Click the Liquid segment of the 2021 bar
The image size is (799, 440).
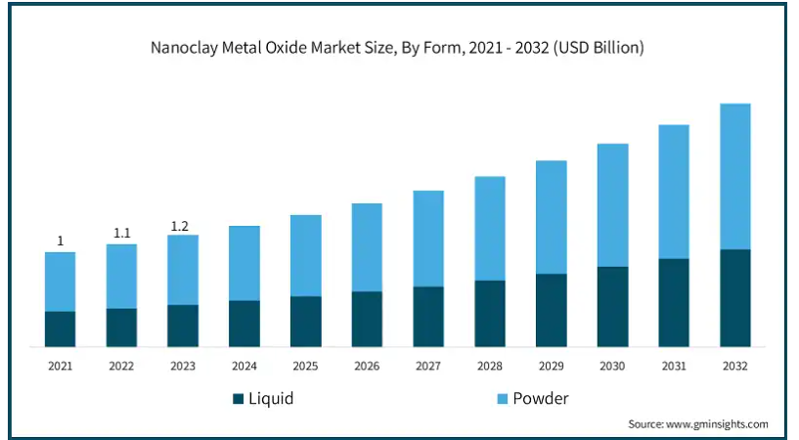click(60, 329)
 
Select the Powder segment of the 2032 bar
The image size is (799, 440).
click(734, 177)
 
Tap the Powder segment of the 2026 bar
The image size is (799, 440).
click(367, 247)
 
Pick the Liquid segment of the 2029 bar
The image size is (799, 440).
click(552, 310)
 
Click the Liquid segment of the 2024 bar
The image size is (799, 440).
click(244, 324)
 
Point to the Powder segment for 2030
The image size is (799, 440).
click(612, 205)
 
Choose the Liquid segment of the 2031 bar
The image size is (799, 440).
click(674, 302)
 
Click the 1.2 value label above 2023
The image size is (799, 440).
click(179, 226)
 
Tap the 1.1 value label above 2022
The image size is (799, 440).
click(122, 234)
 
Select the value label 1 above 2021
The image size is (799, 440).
click(60, 241)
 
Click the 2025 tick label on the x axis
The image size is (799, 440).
click(305, 366)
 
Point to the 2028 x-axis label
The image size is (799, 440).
click(490, 366)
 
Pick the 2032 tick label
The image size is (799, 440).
click(734, 366)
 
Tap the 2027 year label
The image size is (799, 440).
click(428, 366)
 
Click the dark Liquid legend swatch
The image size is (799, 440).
click(238, 399)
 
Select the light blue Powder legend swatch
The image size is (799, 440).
click(503, 399)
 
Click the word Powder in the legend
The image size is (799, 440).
click(541, 398)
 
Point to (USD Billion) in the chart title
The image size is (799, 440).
click(599, 47)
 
